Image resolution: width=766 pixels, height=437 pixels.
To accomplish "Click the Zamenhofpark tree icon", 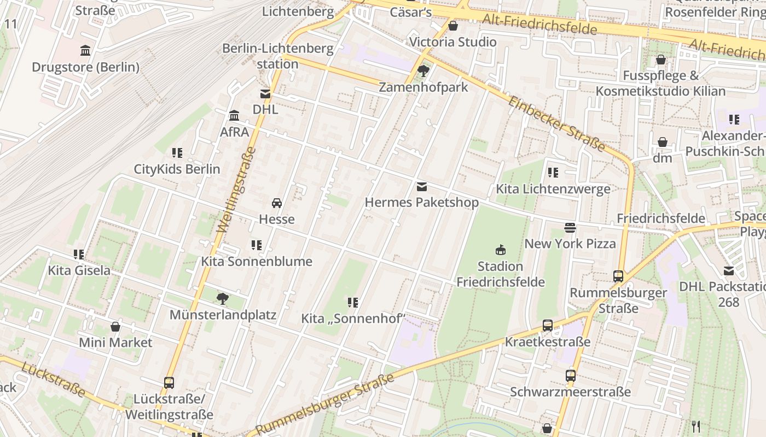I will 423,70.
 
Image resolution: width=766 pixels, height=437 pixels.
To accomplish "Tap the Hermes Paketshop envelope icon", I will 421,187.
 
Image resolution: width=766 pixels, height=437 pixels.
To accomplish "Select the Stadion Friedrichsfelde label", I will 500,274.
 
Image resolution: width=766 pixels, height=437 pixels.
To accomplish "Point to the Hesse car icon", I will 277,203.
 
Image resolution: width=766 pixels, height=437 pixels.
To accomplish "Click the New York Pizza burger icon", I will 570,227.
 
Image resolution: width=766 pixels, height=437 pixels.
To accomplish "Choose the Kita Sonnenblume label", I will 257,261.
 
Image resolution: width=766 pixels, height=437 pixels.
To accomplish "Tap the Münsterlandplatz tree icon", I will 222,299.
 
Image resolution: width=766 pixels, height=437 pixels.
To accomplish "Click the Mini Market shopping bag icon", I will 115,327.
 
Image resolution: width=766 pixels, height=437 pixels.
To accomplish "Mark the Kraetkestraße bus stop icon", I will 548,326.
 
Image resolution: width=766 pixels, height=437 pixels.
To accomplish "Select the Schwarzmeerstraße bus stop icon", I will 571,376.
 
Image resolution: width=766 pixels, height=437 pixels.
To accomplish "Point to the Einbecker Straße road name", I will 557,124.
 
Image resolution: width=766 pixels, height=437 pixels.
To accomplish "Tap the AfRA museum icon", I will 235,116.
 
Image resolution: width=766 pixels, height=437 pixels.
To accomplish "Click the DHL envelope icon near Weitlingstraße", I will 265,94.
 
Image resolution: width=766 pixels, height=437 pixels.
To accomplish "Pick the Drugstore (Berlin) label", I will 85,67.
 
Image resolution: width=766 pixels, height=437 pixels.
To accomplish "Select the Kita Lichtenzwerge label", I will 553,190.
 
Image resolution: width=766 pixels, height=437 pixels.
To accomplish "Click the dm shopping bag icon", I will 663,142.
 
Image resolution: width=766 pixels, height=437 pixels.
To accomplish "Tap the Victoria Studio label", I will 452,42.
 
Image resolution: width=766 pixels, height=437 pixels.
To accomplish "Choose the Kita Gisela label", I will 79,270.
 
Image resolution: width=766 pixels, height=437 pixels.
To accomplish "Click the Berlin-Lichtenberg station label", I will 277,56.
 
